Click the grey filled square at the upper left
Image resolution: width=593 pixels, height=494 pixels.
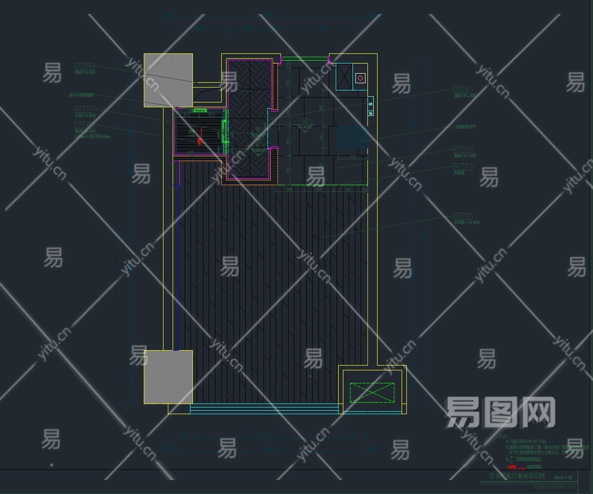click(x=168, y=80)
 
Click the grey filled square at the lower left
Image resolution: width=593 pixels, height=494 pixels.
click(x=168, y=377)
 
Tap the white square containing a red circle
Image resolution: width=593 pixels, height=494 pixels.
click(x=361, y=77)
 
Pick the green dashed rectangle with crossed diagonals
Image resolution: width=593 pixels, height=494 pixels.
click(x=372, y=393)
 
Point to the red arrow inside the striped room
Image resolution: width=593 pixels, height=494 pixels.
click(x=200, y=140)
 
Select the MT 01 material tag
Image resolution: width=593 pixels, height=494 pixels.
click(x=463, y=166)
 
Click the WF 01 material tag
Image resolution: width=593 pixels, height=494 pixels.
click(x=463, y=216)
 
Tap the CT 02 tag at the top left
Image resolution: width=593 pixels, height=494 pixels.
click(x=84, y=66)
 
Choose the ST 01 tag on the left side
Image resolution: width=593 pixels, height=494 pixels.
click(x=84, y=110)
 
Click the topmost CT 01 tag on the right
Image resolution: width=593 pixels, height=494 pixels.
click(x=463, y=89)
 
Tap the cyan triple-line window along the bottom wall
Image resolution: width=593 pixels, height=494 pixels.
click(x=264, y=409)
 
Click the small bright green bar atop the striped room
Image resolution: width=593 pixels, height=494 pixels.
click(x=199, y=111)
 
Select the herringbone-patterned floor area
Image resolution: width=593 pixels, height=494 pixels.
click(x=250, y=120)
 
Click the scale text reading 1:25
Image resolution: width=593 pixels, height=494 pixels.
click(x=569, y=477)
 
